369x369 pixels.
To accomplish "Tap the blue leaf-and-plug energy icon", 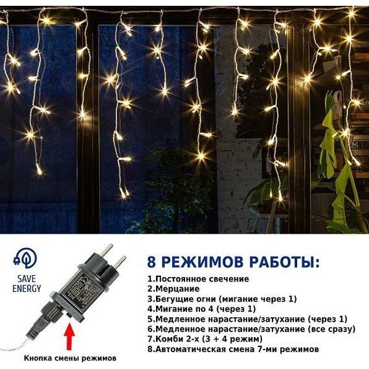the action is pyautogui.click(x=25, y=258).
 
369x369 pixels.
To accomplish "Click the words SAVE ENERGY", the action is pyautogui.click(x=27, y=284).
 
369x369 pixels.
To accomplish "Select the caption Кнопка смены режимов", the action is pyautogui.click(x=70, y=358).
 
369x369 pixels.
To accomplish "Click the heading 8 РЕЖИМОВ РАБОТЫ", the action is pyautogui.click(x=234, y=262).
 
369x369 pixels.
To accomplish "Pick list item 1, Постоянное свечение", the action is pyautogui.click(x=198, y=279).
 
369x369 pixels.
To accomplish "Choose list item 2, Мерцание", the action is pyautogui.click(x=173, y=289).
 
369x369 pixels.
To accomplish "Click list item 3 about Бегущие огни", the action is pyautogui.click(x=222, y=299).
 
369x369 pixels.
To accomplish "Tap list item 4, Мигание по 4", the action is pyautogui.click(x=201, y=309).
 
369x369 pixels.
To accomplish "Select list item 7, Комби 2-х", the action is pyautogui.click(x=205, y=339).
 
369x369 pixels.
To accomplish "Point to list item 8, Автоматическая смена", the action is pyautogui.click(x=233, y=349).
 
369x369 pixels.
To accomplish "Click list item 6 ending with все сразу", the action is pyautogui.click(x=251, y=329).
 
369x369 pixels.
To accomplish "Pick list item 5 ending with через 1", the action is pyautogui.click(x=247, y=319).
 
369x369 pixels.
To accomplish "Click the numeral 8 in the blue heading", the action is pyautogui.click(x=151, y=262).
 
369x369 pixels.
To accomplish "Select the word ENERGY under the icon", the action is pyautogui.click(x=27, y=289).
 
